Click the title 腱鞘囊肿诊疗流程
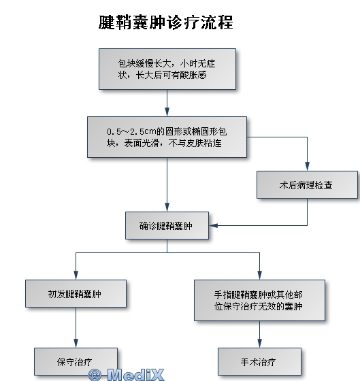coord(166,22)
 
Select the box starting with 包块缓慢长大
coord(167,69)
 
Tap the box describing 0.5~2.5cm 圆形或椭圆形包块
coord(167,137)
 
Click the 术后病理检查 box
coord(307,184)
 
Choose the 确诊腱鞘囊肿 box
coord(167,225)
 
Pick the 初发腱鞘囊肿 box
coord(76,293)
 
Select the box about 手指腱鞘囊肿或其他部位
coord(259,300)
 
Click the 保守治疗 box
coord(76,361)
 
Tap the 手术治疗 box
coord(259,361)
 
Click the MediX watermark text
coord(135,375)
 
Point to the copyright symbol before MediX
coord(95,375)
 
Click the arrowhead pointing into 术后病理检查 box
coord(307,167)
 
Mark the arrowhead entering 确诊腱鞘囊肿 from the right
coord(213,225)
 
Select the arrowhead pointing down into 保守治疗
coord(76,344)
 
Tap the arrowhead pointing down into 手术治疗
coord(259,344)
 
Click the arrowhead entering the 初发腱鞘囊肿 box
coord(76,276)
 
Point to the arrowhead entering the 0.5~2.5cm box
coord(167,112)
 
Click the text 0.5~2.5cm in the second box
coord(131,132)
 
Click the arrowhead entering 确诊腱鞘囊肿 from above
coord(167,208)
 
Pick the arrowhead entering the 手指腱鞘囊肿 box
coord(259,276)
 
